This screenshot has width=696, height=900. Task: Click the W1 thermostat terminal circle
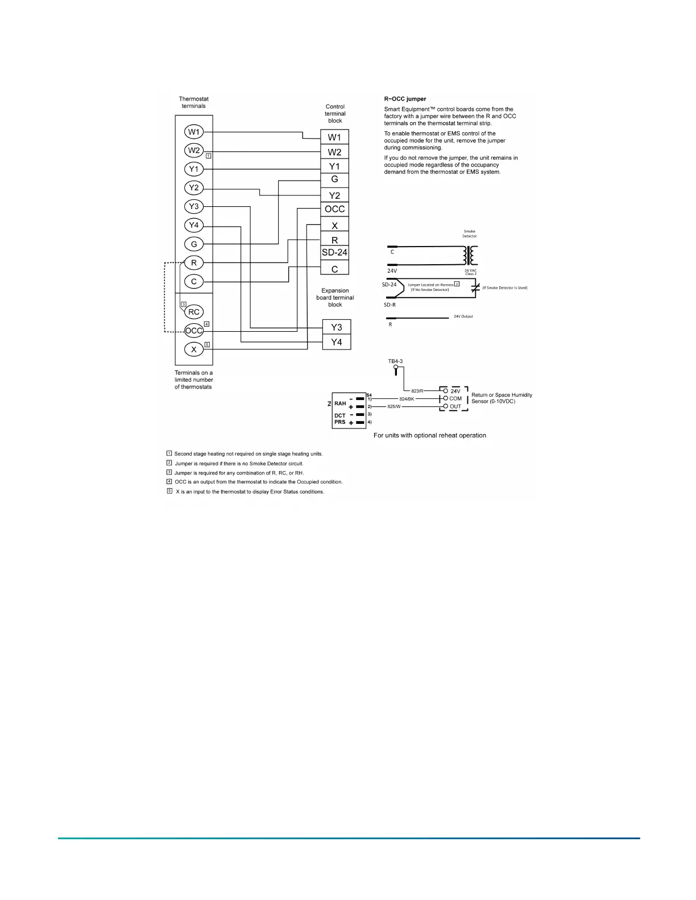(194, 132)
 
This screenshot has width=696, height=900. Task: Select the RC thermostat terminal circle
(194, 312)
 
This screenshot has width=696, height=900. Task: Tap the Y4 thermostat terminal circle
(194, 225)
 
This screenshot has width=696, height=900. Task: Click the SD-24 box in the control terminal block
(334, 252)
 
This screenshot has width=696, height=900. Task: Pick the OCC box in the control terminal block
(334, 209)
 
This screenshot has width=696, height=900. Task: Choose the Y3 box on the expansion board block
(337, 327)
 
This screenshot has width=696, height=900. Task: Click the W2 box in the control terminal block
(334, 152)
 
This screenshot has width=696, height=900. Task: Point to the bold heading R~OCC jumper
(405, 99)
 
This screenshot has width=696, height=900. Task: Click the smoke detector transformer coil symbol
(471, 255)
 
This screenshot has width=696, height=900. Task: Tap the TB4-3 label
(395, 361)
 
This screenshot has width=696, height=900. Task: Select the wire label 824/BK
(407, 399)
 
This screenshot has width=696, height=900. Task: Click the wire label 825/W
(394, 407)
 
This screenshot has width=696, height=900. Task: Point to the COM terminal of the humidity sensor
(455, 399)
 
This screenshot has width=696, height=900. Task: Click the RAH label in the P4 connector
(340, 403)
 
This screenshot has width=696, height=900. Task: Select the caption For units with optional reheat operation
(429, 435)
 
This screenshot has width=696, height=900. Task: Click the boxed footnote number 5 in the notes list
(169, 491)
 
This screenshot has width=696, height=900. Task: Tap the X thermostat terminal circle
(194, 349)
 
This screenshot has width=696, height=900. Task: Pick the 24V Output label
(463, 316)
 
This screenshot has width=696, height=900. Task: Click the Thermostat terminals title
(193, 102)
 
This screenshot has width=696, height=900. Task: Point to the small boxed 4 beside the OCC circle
(207, 324)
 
